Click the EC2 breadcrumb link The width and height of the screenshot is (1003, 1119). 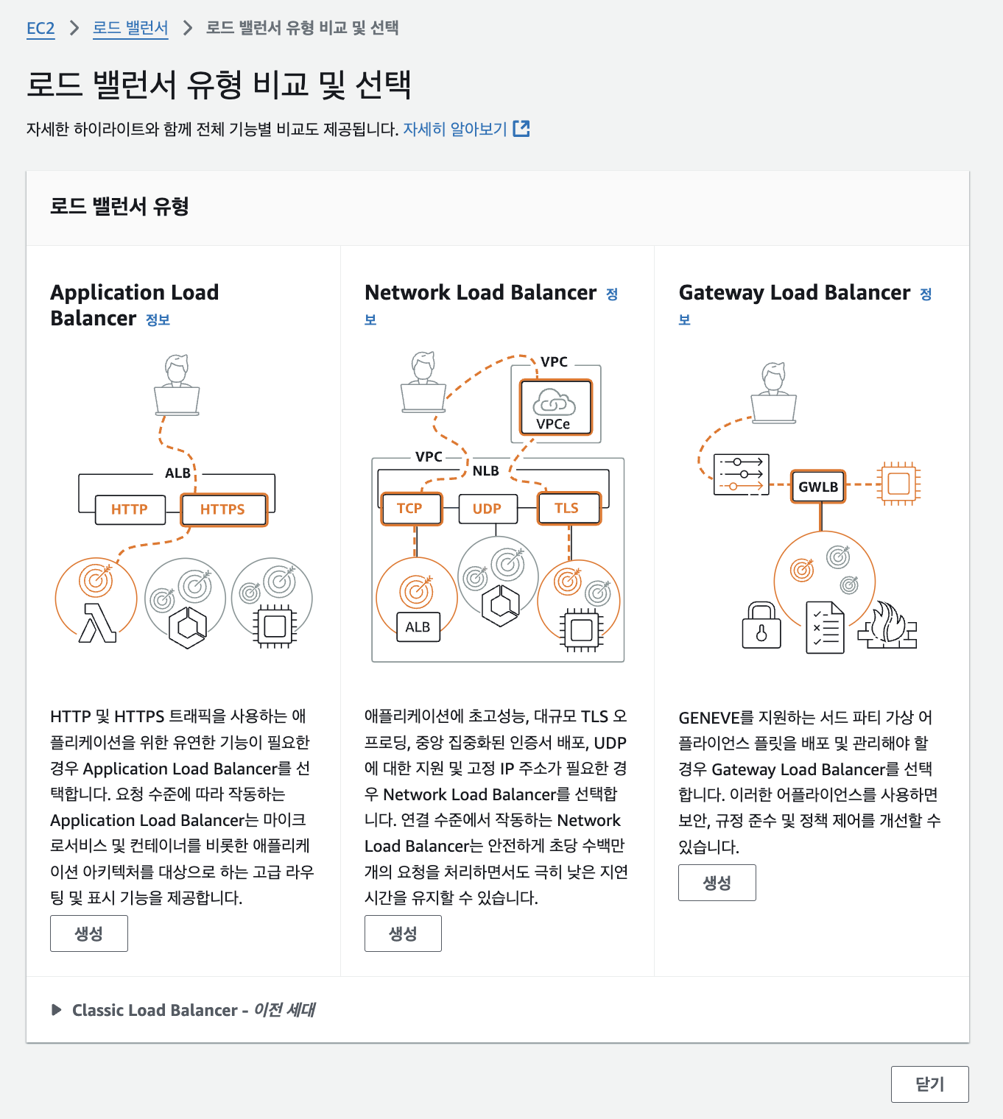[41, 29]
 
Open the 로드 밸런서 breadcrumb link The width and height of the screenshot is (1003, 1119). [130, 29]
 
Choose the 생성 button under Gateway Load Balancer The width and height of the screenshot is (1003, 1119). [717, 883]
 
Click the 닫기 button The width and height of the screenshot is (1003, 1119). [929, 1084]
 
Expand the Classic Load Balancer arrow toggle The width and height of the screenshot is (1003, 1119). [57, 1010]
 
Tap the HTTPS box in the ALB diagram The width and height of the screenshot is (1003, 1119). [223, 509]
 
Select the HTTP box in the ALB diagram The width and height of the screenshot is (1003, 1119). [130, 509]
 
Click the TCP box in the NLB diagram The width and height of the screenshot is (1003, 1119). [410, 509]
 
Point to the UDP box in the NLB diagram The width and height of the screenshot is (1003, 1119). [487, 509]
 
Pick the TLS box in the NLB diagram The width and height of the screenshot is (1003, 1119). [568, 509]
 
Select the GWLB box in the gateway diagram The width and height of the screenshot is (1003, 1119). [818, 487]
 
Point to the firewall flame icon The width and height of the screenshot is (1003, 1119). [888, 626]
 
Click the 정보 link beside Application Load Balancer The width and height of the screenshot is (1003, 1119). [158, 320]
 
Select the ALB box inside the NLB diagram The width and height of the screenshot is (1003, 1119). [418, 627]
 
